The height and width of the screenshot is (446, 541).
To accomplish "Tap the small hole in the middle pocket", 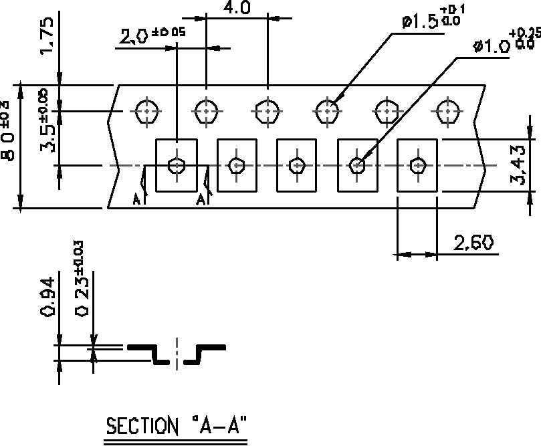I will [297, 165].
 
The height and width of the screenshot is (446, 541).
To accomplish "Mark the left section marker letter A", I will [136, 199].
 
